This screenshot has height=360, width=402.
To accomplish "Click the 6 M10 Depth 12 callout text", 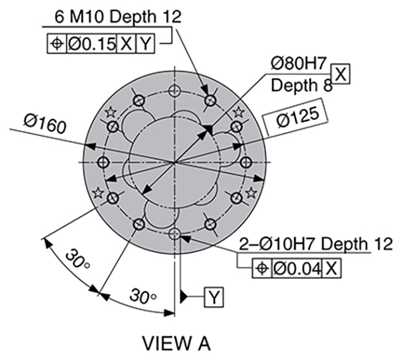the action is coord(118,17).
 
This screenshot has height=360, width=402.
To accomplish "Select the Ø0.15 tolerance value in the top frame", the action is coord(92,44).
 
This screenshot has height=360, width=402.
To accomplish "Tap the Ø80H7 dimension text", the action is coord(299,63).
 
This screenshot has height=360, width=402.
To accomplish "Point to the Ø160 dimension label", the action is coord(45,123).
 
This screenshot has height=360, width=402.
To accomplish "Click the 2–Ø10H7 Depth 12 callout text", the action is coord(316,244).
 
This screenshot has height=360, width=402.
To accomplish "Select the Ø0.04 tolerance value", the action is coord(297,269).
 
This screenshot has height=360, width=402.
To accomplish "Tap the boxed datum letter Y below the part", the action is coord(214,297).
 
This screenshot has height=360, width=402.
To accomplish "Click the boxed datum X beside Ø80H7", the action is coord(341,74).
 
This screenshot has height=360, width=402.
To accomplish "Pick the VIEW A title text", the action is coord(176,344).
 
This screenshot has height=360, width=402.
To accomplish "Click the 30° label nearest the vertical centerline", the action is coord(143,296).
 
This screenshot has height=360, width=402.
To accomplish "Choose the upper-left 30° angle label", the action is coord(78,258).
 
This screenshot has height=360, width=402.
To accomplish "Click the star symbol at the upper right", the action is coord(239,112).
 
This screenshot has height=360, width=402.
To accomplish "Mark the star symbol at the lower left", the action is coord(98,192).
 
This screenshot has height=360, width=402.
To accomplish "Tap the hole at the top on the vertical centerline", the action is coord(174,91).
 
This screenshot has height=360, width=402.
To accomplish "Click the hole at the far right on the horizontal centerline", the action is coord(246,162).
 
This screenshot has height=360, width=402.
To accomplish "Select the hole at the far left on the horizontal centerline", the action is coord(104,162).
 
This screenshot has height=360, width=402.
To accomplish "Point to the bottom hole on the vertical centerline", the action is coord(174,234).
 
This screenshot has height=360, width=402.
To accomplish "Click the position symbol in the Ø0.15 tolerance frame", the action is coord(57,44).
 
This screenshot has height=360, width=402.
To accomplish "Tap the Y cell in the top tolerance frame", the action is coord(145,44).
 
